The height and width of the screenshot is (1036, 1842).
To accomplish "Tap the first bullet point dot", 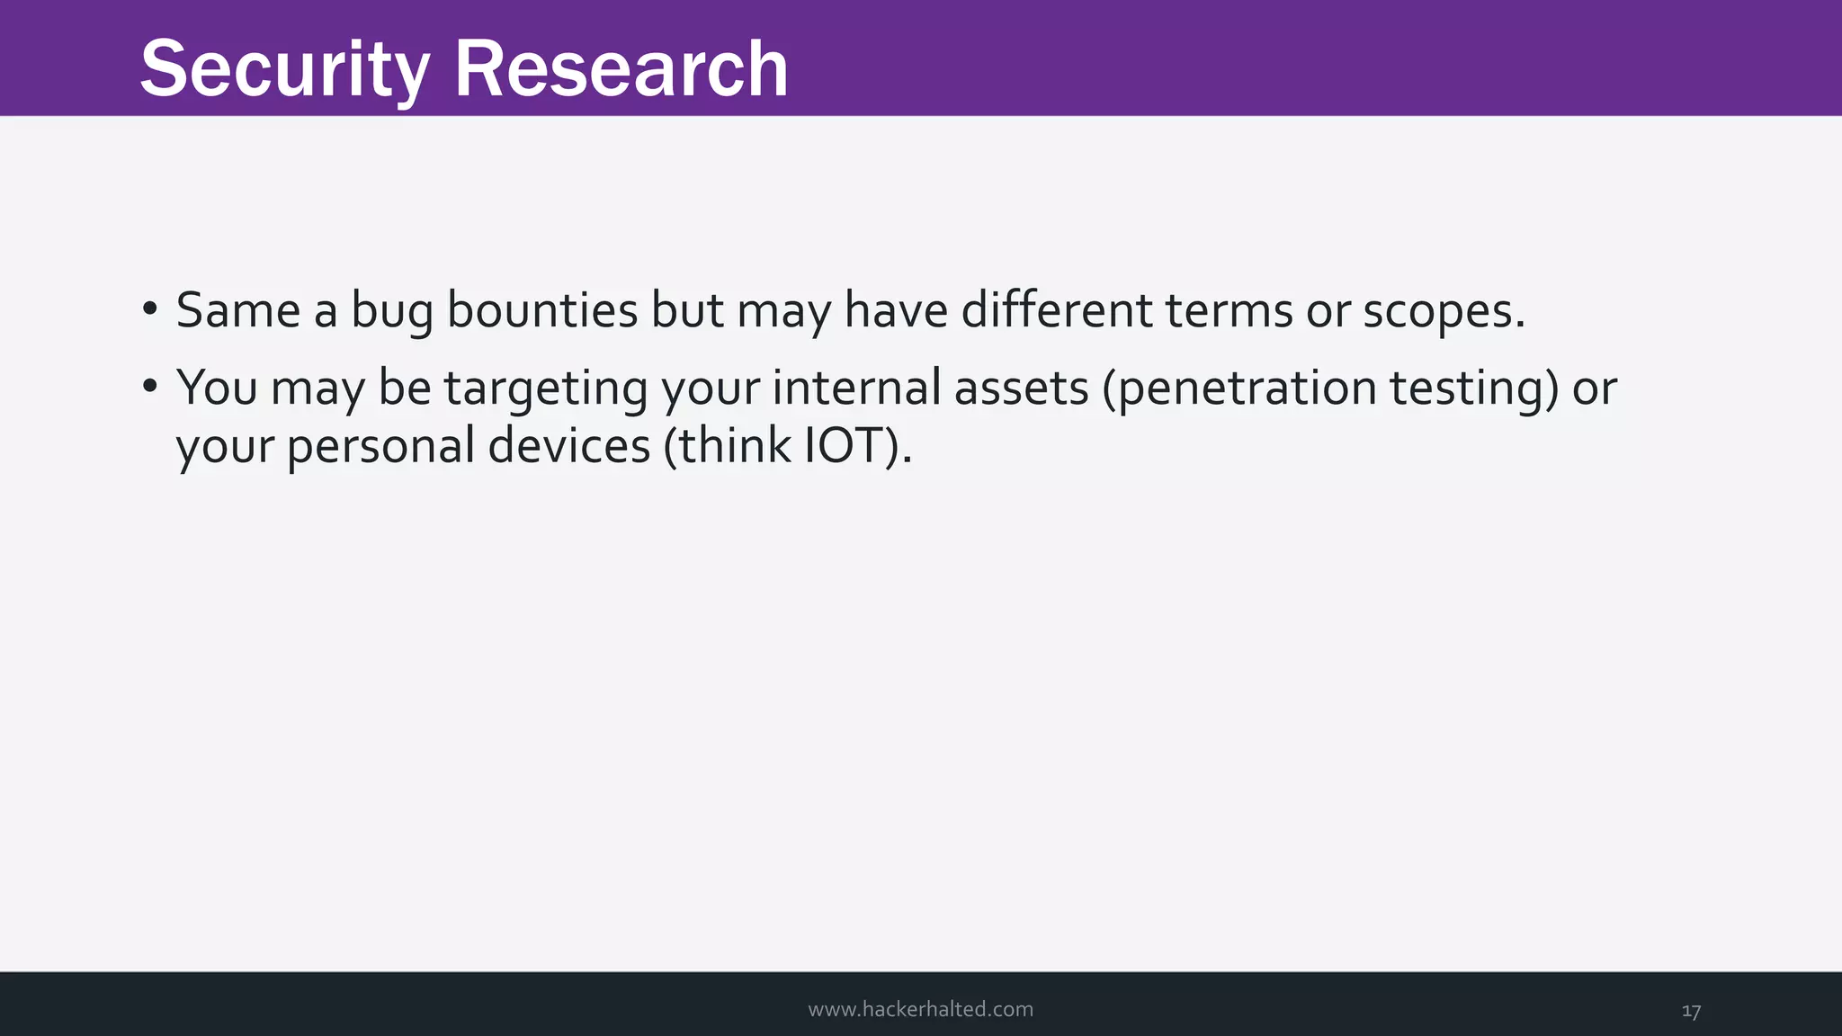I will tap(150, 309).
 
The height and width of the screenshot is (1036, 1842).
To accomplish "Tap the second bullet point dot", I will tap(150, 387).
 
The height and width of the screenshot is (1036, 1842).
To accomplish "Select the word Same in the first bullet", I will tap(238, 310).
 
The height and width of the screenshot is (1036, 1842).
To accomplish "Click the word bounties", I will tap(541, 310).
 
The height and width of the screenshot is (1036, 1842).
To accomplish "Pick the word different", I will tap(1057, 310).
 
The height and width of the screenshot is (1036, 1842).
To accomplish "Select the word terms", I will tap(1229, 310).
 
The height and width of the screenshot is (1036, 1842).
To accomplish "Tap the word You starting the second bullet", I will tap(216, 388).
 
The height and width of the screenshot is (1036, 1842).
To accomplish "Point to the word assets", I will tap(1021, 388).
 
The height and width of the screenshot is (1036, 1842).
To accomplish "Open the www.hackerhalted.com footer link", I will tap(920, 1009).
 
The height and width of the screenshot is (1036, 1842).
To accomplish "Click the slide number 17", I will tap(1691, 1011).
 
